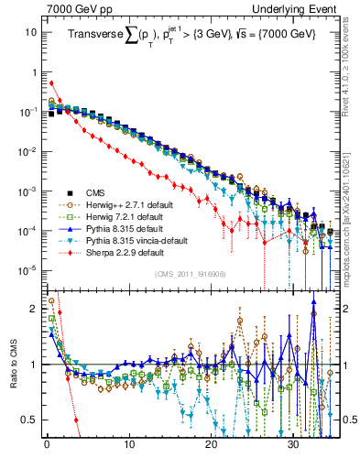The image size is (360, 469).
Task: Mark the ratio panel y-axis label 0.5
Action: (27, 419)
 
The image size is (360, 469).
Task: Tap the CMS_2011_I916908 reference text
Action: (189, 274)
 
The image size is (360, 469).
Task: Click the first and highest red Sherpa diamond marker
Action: (51, 82)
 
